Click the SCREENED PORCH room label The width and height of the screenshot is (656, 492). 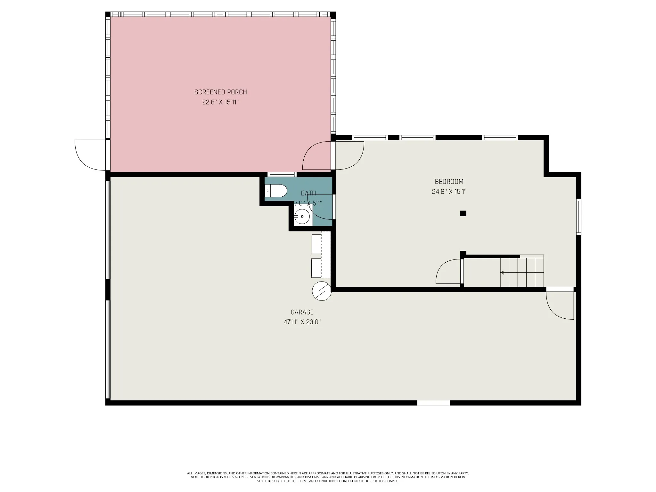pyautogui.click(x=220, y=92)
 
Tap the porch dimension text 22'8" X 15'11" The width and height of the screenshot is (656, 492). pyautogui.click(x=220, y=102)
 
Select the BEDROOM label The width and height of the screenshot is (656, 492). pyautogui.click(x=449, y=182)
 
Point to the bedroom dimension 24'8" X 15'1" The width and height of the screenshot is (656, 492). pyautogui.click(x=449, y=192)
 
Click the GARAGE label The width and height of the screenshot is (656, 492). pyautogui.click(x=302, y=312)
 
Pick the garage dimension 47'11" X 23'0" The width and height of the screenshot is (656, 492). pyautogui.click(x=302, y=322)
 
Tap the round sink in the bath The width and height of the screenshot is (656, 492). pyautogui.click(x=302, y=217)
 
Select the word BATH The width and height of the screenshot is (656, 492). pyautogui.click(x=308, y=193)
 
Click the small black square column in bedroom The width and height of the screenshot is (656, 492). pyautogui.click(x=463, y=213)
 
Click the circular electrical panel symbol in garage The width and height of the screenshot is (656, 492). pyautogui.click(x=322, y=291)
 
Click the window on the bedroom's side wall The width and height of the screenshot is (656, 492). pyautogui.click(x=578, y=217)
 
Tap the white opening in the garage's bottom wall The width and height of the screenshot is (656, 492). pyautogui.click(x=433, y=403)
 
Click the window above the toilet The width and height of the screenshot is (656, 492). pyautogui.click(x=282, y=175)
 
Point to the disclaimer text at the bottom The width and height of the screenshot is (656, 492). pyautogui.click(x=328, y=486)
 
